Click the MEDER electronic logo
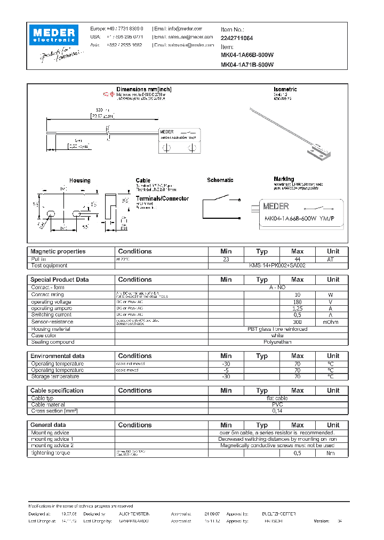[54, 35]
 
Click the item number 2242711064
[237, 38]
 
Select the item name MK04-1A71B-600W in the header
[247, 65]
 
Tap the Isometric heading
[285, 89]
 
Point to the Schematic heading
[220, 180]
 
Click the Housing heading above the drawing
[79, 181]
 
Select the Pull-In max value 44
[298, 259]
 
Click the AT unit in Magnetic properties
[333, 259]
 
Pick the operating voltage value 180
[298, 301]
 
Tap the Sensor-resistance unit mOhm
[333, 322]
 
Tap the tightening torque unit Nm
[333, 453]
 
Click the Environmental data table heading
[57, 356]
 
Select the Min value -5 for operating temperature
[226, 370]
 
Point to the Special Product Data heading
[59, 280]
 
